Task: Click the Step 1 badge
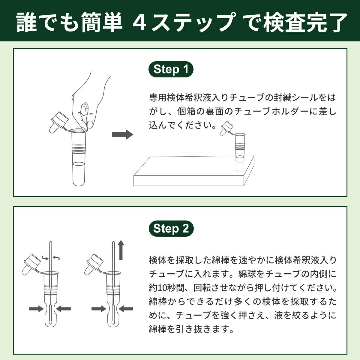point(171,69)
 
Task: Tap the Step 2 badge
point(171,229)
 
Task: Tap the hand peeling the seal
point(90,96)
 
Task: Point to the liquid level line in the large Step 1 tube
point(79,163)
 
